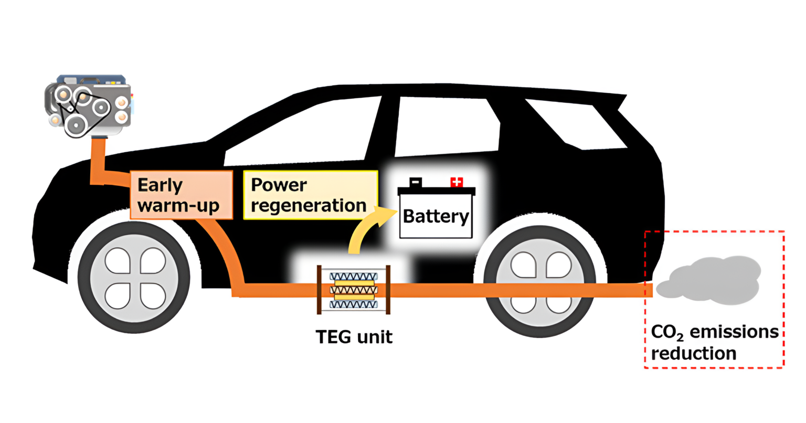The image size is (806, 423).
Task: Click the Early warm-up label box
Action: click(x=181, y=195)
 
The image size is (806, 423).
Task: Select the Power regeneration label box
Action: click(x=310, y=195)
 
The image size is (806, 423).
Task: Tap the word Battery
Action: click(x=436, y=216)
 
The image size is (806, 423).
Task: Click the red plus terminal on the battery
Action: click(x=457, y=182)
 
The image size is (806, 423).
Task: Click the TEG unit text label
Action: click(x=354, y=336)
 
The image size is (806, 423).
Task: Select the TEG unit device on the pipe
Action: click(x=353, y=290)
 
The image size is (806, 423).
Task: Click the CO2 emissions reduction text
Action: click(x=714, y=343)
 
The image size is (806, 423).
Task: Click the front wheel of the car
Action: click(x=134, y=278)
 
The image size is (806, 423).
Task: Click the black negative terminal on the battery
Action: click(x=416, y=182)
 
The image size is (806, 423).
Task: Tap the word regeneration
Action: click(x=309, y=205)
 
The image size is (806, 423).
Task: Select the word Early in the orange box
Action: click(x=160, y=185)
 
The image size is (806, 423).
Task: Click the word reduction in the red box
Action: click(x=693, y=353)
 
